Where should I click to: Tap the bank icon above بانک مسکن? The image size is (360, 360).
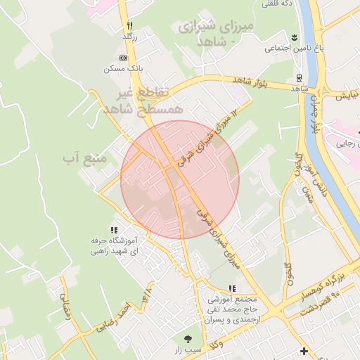(x=124, y=58)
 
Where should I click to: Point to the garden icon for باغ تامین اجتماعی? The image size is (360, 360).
(x=292, y=37)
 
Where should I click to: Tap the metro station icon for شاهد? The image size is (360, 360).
(x=299, y=77)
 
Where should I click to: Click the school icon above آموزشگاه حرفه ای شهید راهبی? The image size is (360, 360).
(x=114, y=230)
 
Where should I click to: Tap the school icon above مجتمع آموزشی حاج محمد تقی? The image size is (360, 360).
(x=232, y=288)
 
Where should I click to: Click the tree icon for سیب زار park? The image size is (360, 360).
(x=187, y=337)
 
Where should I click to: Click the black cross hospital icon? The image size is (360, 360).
(x=303, y=350)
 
